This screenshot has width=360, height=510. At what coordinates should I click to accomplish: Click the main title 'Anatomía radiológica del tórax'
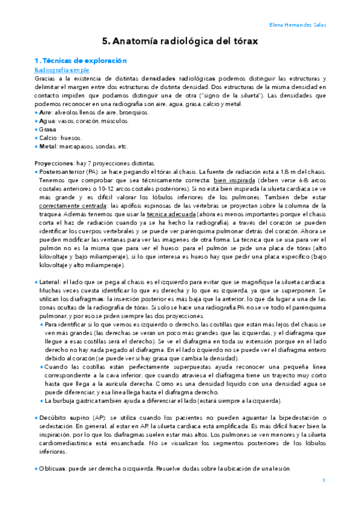180,41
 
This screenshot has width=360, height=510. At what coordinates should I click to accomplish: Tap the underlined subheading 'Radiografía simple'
63,70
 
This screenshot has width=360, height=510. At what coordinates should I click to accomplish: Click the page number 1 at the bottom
323,480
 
